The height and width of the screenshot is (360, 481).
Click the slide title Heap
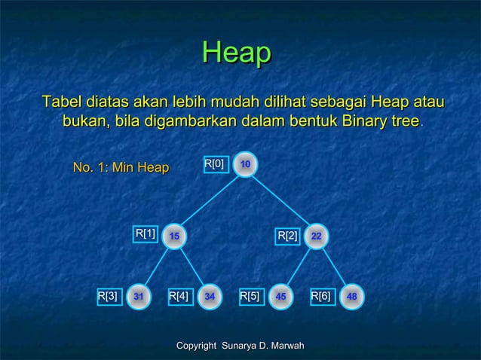tap(237, 53)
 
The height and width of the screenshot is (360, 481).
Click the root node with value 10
tap(246, 164)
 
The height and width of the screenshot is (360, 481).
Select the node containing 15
tap(174, 236)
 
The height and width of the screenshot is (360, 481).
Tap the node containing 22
tap(317, 236)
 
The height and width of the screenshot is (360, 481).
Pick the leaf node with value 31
tap(139, 297)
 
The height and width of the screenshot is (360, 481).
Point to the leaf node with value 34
tap(210, 297)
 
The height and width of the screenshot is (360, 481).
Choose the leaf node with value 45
tap(281, 297)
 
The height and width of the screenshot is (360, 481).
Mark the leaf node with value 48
tap(352, 297)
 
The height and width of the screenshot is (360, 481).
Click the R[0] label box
tap(215, 163)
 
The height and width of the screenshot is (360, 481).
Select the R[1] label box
tap(146, 234)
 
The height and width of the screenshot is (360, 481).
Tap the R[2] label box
tap(288, 237)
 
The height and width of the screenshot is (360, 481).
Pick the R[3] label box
tap(108, 297)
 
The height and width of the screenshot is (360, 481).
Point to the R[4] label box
tap(179, 297)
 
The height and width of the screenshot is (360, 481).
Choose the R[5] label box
tap(250, 297)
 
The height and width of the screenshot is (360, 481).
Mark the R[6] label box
tap(321, 297)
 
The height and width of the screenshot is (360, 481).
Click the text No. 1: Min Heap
tap(120, 167)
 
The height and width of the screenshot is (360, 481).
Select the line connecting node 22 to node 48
tap(335, 267)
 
